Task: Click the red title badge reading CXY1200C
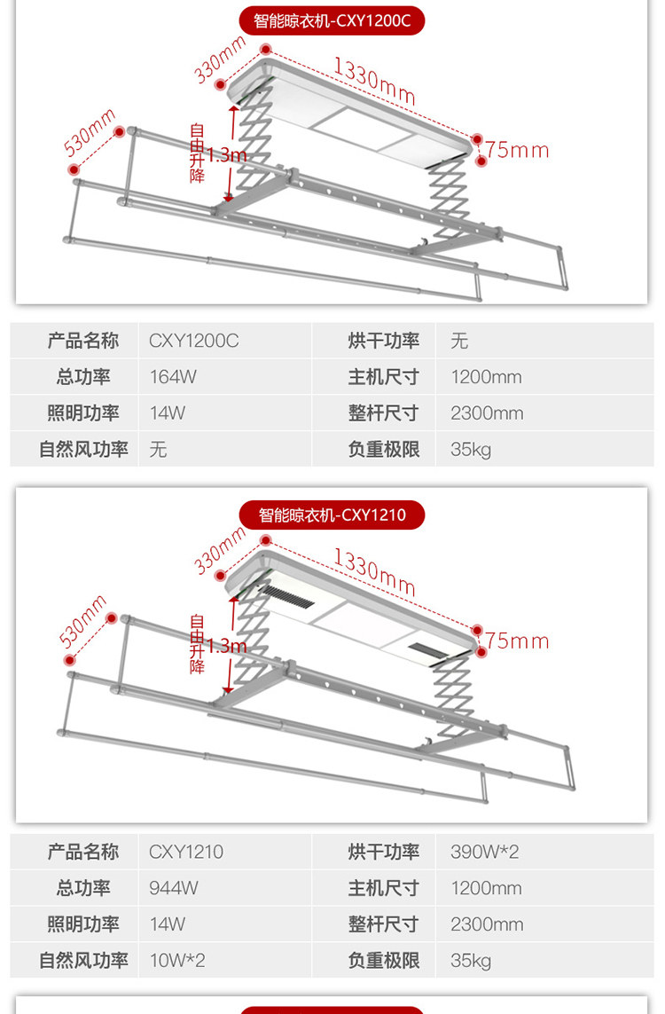[x=332, y=20]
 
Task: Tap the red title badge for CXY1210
[x=332, y=515]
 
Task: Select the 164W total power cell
[x=173, y=377]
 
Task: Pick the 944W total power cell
[x=174, y=888]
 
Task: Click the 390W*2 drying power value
[x=484, y=852]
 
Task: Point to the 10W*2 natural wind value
[x=176, y=961]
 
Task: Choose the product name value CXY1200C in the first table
[x=193, y=341]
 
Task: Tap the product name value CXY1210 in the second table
[x=185, y=852]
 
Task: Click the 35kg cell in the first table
[x=470, y=450]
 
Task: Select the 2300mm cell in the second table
[x=487, y=924]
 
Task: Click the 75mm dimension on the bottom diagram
[x=517, y=641]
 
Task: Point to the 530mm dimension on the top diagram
[x=90, y=130]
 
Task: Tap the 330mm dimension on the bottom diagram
[x=220, y=550]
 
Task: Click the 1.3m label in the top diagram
[x=226, y=155]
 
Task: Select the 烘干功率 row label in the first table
[x=383, y=341]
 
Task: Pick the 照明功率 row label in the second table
[x=82, y=924]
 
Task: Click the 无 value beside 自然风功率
[x=158, y=450]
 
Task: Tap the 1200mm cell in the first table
[x=486, y=377]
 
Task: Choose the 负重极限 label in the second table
[x=383, y=961]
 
